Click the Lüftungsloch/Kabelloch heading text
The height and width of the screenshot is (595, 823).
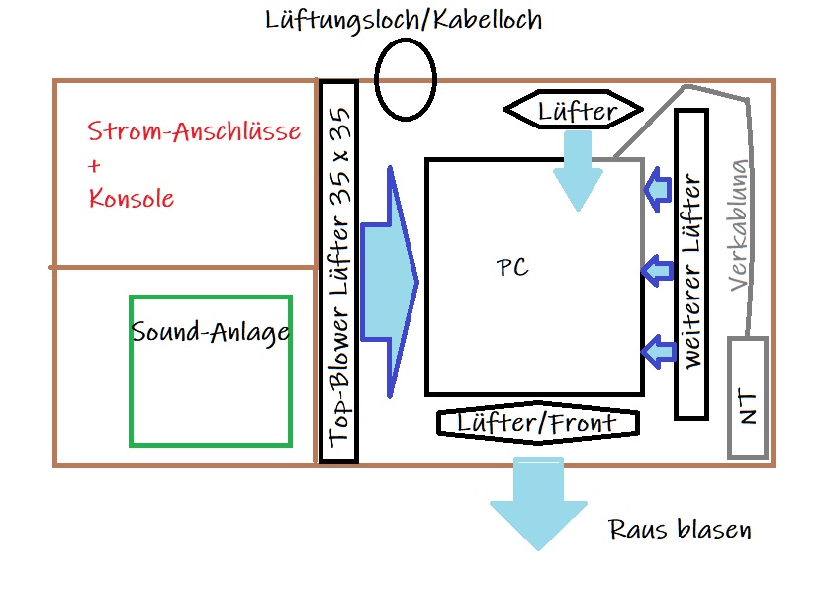click(404, 20)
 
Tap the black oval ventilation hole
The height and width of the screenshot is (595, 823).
click(405, 79)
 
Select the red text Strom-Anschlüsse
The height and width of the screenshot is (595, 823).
click(194, 132)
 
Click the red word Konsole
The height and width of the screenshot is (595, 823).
click(131, 198)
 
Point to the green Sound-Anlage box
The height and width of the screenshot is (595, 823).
click(211, 371)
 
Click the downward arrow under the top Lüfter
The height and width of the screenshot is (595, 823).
click(577, 168)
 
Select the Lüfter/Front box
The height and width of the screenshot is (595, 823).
click(537, 423)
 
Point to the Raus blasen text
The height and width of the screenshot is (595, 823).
click(680, 530)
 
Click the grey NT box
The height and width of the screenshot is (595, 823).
click(748, 397)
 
